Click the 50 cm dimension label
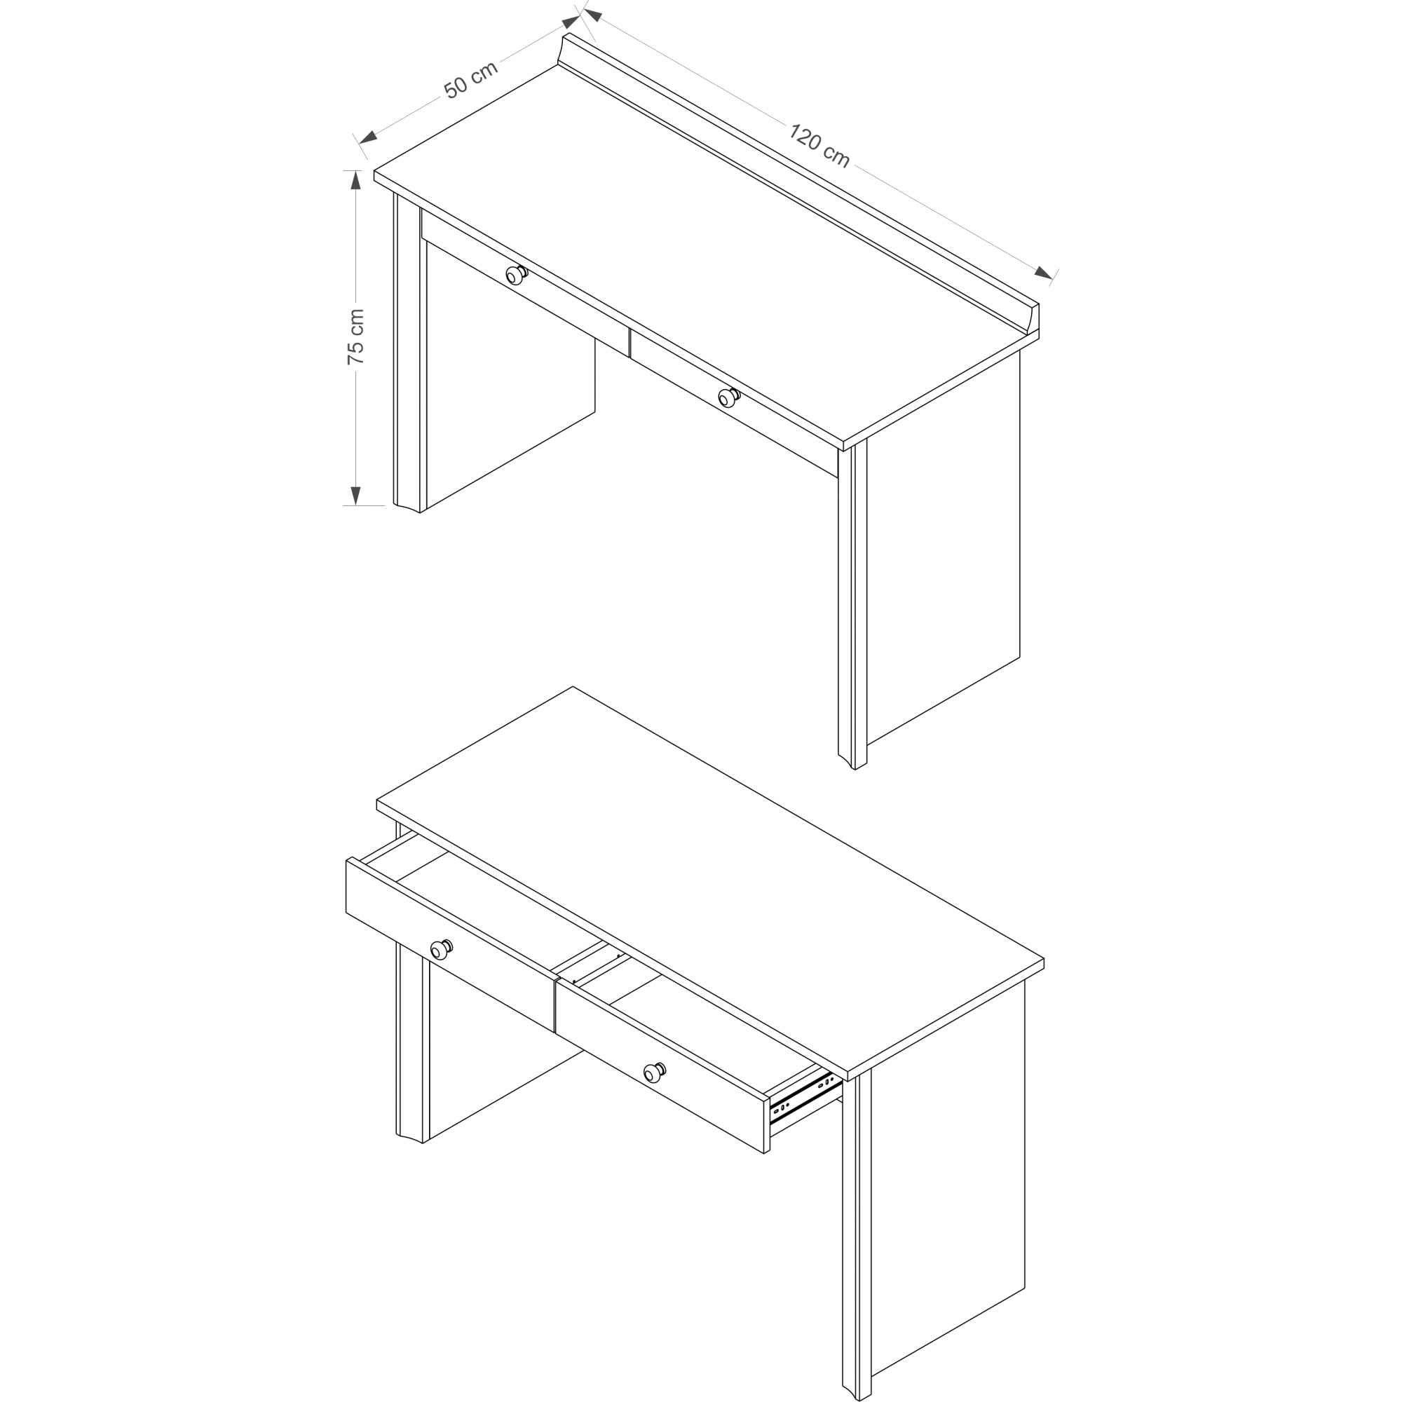(471, 79)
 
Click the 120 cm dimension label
(819, 146)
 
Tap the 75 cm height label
(355, 336)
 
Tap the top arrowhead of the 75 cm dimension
(355, 179)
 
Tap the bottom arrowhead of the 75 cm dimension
(355, 496)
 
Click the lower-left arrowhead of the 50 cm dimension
(368, 136)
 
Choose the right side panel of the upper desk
(944, 552)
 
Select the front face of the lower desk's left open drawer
(451, 944)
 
